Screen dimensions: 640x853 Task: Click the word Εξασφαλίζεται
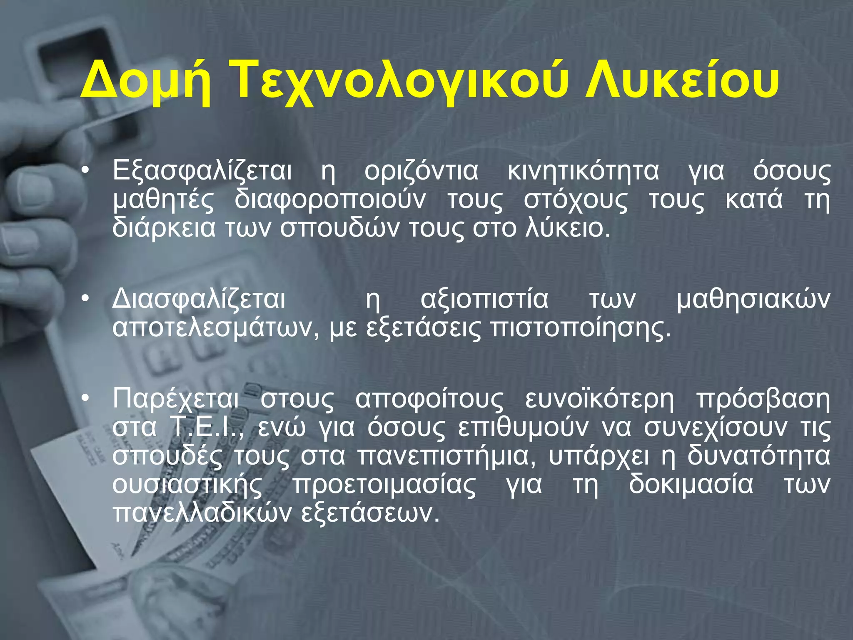[x=202, y=172]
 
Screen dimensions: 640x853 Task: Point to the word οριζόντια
[x=421, y=172]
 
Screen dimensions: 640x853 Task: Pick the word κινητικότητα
[x=583, y=172]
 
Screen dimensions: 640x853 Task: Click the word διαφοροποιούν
[x=330, y=200]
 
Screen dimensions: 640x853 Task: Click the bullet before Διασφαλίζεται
[x=85, y=299]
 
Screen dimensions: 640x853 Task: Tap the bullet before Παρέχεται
[x=85, y=399]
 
